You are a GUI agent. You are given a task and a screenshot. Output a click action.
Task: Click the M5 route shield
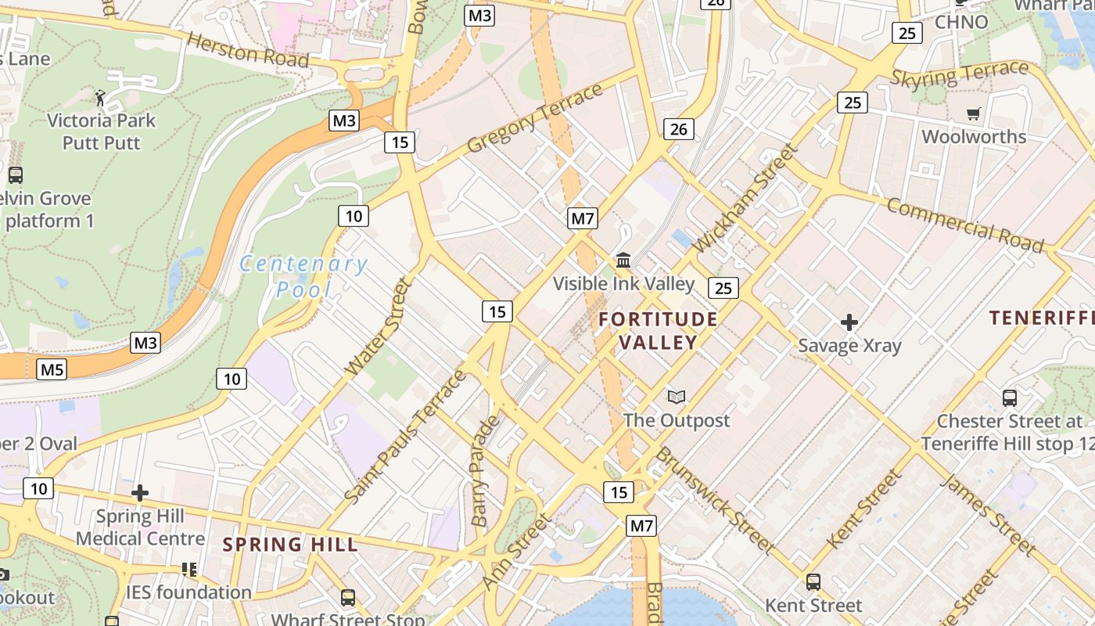[x=52, y=369]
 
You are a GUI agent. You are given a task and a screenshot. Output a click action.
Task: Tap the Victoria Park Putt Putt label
[x=101, y=131]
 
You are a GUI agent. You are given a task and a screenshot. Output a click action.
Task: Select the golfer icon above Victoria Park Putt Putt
[x=100, y=98]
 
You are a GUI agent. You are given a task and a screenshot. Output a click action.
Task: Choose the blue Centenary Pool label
[x=303, y=276]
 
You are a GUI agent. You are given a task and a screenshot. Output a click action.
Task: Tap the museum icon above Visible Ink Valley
[x=623, y=260]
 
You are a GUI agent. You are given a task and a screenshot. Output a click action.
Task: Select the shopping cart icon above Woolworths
[x=973, y=114]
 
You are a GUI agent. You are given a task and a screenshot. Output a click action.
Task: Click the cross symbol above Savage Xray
[x=849, y=322]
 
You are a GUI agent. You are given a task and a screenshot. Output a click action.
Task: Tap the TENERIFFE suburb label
[x=1041, y=318]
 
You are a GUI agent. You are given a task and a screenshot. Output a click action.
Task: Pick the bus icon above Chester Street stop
[x=1009, y=398]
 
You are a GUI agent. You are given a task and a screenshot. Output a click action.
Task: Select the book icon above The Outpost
[x=677, y=397]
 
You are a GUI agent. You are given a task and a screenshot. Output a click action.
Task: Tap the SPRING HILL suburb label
[x=290, y=545]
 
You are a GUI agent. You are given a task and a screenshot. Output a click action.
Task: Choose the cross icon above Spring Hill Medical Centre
[x=140, y=493]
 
